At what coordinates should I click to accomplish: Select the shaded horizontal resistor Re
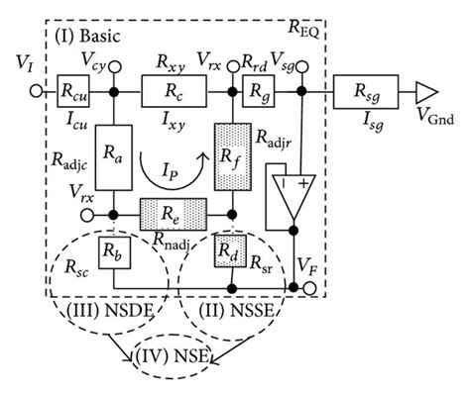coord(174,212)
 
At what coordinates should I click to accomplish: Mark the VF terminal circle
coord(314,288)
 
